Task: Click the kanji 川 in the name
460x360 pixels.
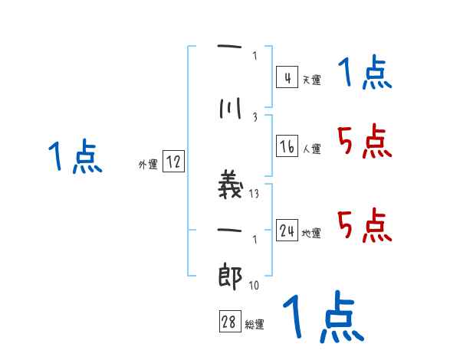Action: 230,110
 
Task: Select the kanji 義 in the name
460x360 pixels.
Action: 231,186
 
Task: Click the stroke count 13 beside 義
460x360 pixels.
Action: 255,194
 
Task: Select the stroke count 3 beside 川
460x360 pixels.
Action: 255,116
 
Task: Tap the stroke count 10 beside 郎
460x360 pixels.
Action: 254,286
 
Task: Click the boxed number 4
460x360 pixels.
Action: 287,77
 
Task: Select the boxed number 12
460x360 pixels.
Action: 173,162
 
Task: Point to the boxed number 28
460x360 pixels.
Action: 229,322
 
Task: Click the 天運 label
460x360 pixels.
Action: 311,80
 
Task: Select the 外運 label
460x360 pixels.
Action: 147,164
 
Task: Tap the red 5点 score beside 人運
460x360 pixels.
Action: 363,142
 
